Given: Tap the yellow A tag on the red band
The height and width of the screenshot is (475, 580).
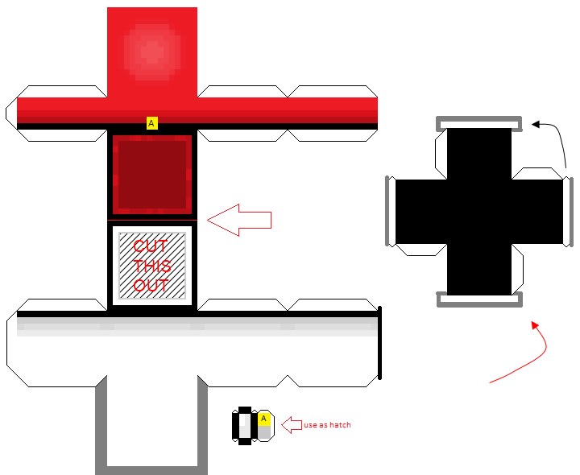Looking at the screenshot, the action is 151,123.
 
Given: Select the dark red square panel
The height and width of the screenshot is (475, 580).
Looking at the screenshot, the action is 151,175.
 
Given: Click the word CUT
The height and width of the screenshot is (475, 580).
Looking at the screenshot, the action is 151,246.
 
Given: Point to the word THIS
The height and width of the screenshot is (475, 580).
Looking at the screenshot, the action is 151,266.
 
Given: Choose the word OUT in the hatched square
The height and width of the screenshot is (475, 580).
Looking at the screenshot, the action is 151,285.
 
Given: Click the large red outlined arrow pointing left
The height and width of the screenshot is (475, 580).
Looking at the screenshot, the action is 239,220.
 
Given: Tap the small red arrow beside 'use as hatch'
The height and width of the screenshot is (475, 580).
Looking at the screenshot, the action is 290,424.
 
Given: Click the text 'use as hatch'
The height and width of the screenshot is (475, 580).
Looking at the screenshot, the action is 327,425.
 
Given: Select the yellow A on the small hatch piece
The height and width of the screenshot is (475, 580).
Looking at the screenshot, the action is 263,419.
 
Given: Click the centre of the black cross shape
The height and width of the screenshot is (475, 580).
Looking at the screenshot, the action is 478,211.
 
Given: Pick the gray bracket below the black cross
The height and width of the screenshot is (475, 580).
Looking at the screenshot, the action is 478,301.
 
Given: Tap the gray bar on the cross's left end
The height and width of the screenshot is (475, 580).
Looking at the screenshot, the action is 390,211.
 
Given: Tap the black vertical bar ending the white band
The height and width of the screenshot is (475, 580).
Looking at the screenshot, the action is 379,342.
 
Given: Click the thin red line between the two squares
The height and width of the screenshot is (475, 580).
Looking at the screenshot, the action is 151,219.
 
